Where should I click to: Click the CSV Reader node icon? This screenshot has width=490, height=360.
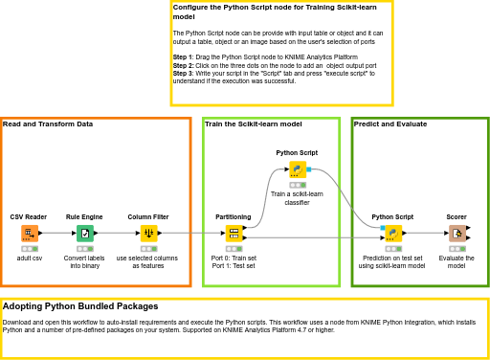[29, 233]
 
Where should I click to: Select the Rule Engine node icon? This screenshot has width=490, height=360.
[84, 233]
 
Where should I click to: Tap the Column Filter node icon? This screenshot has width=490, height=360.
[148, 233]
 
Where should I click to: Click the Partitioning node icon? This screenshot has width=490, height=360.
[234, 233]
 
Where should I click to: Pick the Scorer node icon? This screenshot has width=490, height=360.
[457, 233]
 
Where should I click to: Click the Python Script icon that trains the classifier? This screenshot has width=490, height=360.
[298, 169]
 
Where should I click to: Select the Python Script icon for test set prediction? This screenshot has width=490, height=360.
[392, 233]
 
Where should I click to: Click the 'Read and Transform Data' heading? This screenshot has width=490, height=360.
[48, 124]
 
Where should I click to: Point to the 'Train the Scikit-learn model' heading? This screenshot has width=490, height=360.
[254, 124]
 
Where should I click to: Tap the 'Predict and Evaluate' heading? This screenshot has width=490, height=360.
[390, 124]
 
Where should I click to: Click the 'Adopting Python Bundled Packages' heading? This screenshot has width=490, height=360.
[80, 306]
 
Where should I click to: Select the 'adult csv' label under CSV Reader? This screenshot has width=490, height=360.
[29, 259]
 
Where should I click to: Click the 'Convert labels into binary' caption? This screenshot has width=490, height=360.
[84, 261]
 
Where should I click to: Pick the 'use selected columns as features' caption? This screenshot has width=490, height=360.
[147, 261]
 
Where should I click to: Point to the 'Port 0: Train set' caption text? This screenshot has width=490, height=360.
[234, 258]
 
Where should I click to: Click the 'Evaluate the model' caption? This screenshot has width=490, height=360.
[457, 261]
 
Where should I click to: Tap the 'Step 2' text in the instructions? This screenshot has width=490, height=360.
[183, 65]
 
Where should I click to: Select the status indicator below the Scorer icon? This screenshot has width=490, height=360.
[457, 248]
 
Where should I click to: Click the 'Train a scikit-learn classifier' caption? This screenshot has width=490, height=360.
[297, 198]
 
